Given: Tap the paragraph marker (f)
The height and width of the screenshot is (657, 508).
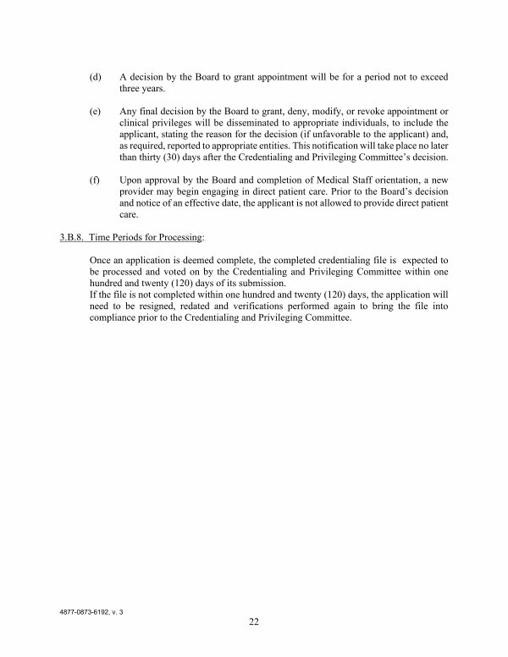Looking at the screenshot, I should click(95, 180).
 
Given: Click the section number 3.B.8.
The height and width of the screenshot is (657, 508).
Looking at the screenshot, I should click(63, 229).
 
